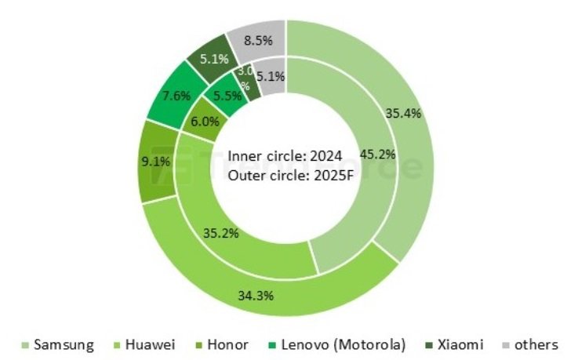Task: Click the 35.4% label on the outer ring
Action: tap(403, 113)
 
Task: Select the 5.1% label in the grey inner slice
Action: tap(270, 77)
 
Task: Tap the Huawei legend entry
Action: tap(146, 344)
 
